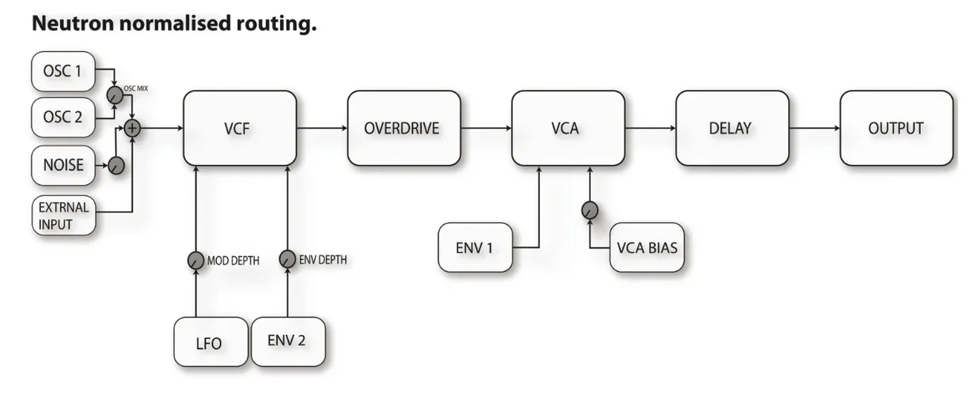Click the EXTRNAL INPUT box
point(64,216)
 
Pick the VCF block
point(240,128)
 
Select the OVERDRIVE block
point(404,128)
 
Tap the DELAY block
point(731,128)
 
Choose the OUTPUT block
point(896,128)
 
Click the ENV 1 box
point(475,248)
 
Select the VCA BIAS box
point(646,248)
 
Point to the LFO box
point(209,343)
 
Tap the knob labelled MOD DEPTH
point(195,260)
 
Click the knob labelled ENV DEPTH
point(287,260)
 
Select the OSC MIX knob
point(115,95)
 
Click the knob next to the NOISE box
point(116,166)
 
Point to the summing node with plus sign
point(132,128)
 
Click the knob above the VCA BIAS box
point(589,211)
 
